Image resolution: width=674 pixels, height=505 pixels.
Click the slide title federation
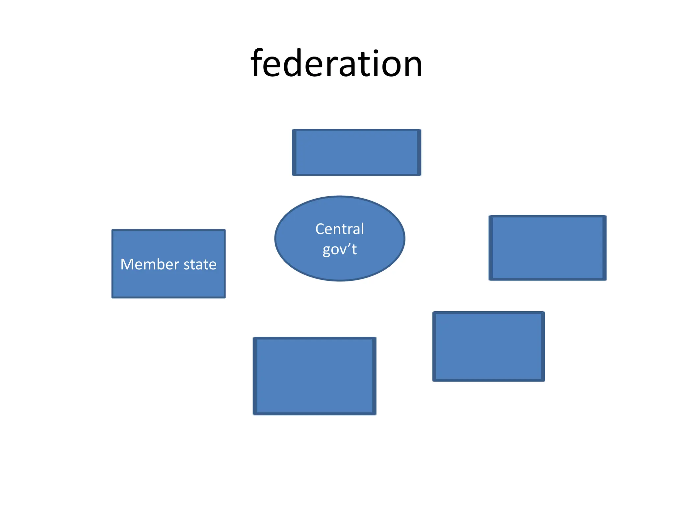(336, 63)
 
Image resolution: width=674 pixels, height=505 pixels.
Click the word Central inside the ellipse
(340, 229)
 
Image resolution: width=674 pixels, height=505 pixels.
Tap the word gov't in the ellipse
(340, 249)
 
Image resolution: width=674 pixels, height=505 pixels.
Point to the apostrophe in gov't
(350, 245)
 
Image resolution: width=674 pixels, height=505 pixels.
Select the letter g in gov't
(327, 251)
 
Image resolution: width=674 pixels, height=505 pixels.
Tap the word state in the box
(200, 265)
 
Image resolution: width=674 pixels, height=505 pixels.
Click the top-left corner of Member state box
(113, 230)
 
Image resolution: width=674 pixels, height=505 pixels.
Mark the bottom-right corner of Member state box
(225, 297)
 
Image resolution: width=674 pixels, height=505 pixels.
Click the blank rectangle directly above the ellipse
(356, 152)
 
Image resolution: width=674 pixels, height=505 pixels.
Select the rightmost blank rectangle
(547, 248)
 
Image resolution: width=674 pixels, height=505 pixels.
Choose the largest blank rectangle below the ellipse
(314, 376)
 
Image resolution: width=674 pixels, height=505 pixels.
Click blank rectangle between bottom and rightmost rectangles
(488, 346)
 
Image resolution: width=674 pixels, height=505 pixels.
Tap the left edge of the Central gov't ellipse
(275, 239)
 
